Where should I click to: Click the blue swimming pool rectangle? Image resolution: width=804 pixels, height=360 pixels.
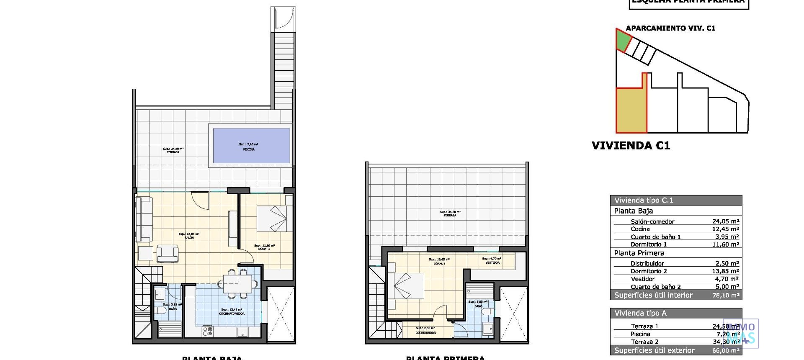point(251,145)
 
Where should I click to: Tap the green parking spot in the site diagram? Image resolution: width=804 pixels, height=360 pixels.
point(623,41)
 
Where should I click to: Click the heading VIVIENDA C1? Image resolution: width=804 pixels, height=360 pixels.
point(631,146)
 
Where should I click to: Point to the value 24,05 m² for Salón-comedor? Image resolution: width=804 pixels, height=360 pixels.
point(725,221)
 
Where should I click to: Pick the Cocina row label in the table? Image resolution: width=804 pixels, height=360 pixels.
point(640,229)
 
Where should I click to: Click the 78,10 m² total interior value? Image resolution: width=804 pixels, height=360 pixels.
point(725,295)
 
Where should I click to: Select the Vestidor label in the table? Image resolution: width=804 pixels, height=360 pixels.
point(643,279)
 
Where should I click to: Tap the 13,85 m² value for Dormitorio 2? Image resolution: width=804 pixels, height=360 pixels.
point(725,271)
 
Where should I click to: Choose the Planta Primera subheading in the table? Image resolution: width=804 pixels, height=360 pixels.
point(639,253)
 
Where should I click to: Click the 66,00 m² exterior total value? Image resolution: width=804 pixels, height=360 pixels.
point(725,350)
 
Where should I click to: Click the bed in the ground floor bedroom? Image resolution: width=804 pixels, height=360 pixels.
point(271,218)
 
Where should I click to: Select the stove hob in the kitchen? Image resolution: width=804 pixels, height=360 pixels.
point(208,331)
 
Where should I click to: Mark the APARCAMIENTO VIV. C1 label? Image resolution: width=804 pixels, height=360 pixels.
point(670,28)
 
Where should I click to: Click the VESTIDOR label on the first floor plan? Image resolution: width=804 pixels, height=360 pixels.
point(492,263)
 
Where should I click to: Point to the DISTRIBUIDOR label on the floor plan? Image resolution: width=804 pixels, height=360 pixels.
point(425,333)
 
